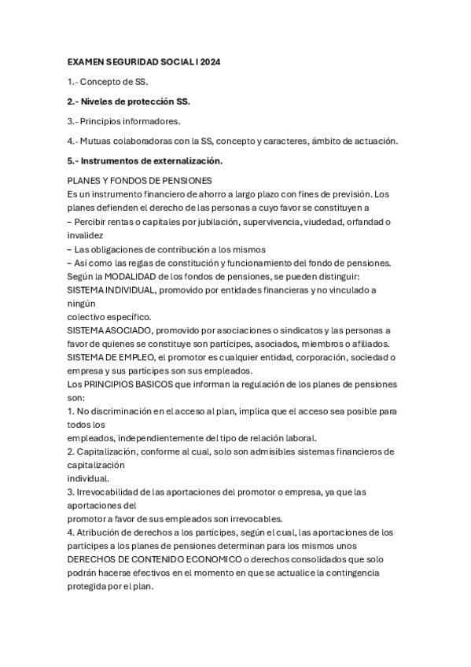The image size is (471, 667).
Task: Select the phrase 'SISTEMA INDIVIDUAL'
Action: pyautogui.click(x=113, y=289)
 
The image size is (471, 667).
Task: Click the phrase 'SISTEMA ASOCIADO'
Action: pyautogui.click(x=111, y=330)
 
